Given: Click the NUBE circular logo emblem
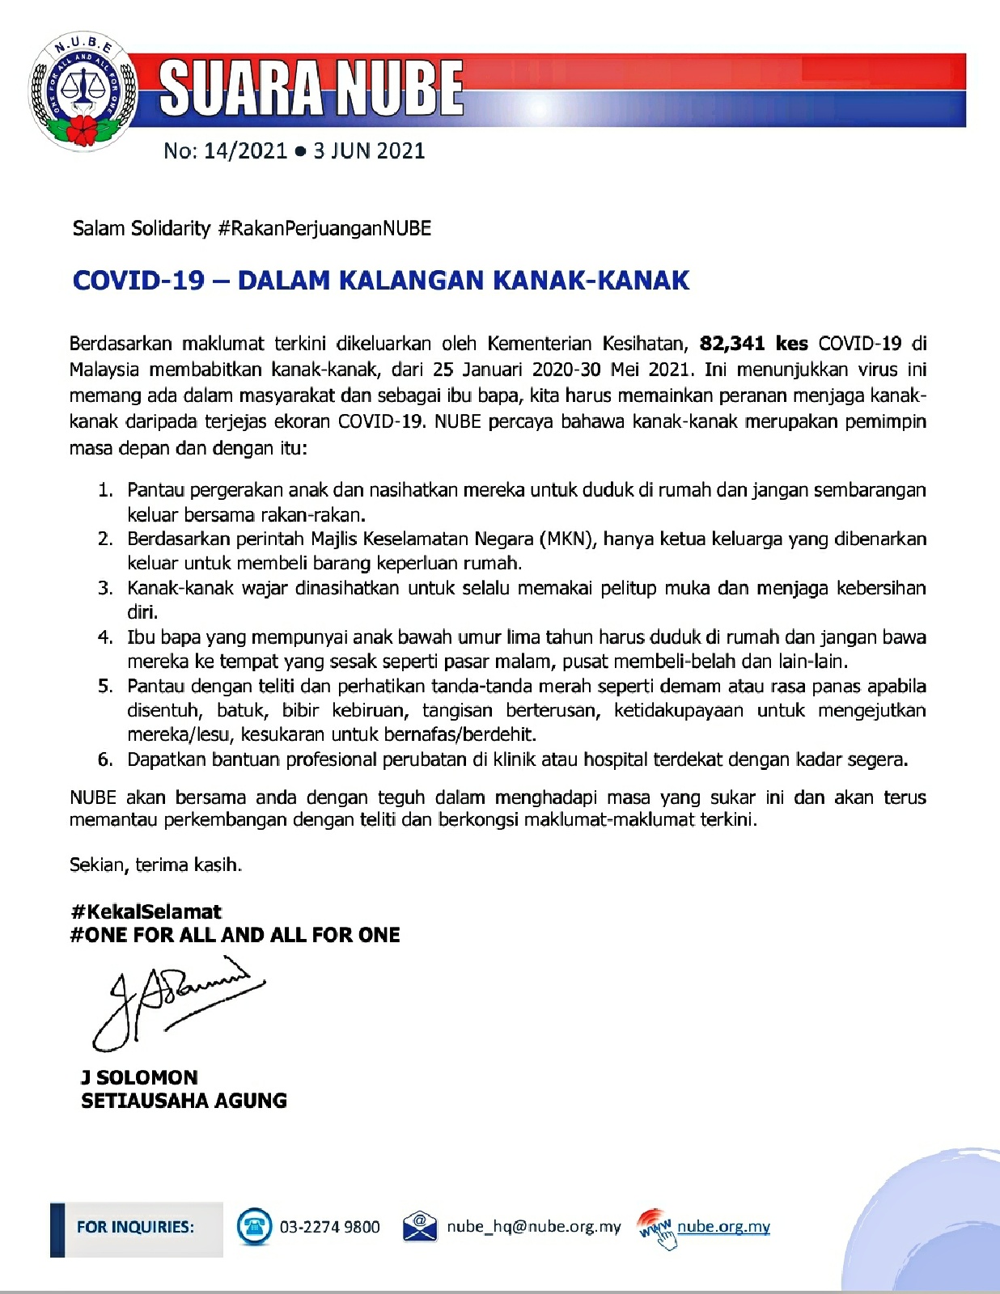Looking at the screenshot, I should (83, 91).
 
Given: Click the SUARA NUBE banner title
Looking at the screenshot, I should (311, 88).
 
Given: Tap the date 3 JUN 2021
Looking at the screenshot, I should (369, 150).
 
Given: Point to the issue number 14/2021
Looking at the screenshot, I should (245, 150).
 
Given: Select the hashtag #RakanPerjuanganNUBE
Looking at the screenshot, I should (324, 228).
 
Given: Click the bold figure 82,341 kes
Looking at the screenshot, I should (753, 344).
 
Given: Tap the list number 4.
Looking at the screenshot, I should (105, 637).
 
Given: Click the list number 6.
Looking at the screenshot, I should (105, 759).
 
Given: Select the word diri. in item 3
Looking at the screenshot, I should (142, 612).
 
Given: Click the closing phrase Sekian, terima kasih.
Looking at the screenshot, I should (155, 865).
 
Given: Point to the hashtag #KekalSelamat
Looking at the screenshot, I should (146, 911).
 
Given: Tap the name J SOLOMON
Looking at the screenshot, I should (139, 1077).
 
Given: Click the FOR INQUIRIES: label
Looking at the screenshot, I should (135, 1227).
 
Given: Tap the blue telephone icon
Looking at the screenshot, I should (254, 1227).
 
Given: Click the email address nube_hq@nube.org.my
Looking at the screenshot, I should (533, 1227).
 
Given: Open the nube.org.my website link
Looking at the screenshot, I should (723, 1227).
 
